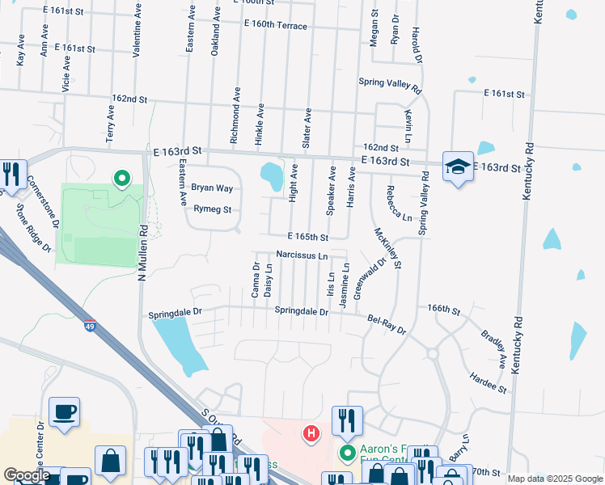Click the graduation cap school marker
[x=458, y=167]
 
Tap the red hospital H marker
[x=310, y=434]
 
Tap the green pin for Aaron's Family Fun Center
[x=348, y=453]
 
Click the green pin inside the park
[x=122, y=178]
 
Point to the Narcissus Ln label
[x=301, y=255]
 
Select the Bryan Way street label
[x=212, y=188]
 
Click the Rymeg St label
[x=213, y=209]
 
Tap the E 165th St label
[x=308, y=238]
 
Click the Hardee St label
[x=489, y=382]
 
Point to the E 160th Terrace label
[x=264, y=26]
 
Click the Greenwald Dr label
[x=369, y=278]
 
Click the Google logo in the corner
[x=27, y=475]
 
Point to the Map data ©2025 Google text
[x=554, y=479]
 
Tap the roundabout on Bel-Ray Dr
[x=433, y=353]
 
